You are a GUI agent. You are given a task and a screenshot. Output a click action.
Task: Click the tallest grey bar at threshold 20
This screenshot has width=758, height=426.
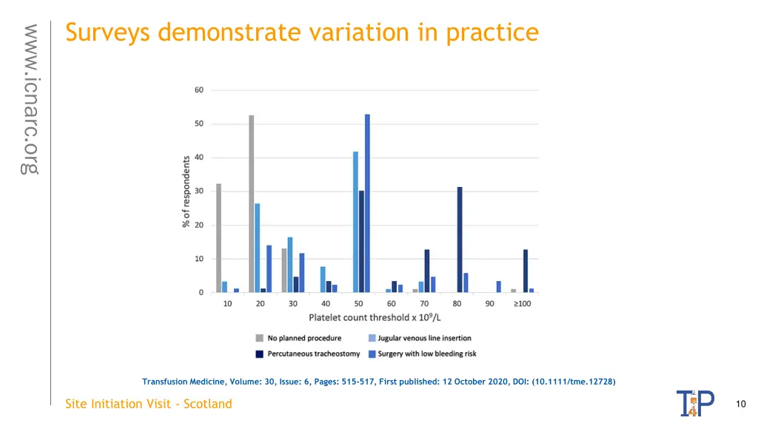252,203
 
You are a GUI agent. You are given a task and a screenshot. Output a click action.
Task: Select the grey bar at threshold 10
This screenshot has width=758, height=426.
219,237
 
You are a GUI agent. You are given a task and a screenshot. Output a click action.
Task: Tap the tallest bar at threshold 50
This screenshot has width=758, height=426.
367,203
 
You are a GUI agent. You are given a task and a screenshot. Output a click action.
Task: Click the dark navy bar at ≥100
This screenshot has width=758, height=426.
526,271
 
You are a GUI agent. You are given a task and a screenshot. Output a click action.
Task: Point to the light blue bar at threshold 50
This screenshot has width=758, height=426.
355,222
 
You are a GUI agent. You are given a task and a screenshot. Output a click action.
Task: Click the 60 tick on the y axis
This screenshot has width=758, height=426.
200,90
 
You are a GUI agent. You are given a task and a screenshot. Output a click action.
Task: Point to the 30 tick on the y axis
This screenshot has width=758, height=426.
200,192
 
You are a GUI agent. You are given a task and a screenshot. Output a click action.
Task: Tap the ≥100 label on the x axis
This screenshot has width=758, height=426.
523,303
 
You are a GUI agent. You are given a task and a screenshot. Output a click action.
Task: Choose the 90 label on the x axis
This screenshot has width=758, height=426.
489,303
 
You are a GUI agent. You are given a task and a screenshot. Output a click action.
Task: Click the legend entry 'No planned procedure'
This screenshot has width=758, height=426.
304,338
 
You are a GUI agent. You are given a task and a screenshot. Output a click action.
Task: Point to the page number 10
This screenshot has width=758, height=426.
741,404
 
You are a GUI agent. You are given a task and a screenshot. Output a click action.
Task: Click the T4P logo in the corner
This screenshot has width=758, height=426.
695,404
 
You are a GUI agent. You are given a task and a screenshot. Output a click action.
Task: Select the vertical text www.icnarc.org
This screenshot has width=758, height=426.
30,99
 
